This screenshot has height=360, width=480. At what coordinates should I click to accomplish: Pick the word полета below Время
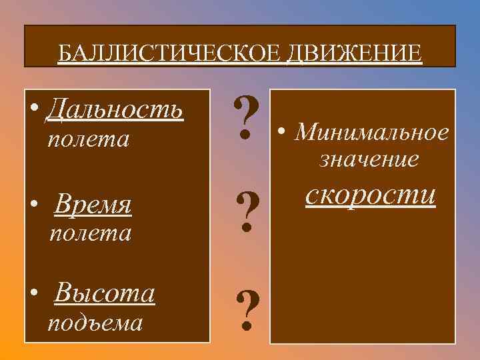click(90, 234)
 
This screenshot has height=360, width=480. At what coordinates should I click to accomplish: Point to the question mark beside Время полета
click(246, 210)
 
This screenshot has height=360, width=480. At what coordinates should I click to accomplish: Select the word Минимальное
click(372, 133)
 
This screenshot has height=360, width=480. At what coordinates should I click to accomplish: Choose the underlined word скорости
click(371, 194)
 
